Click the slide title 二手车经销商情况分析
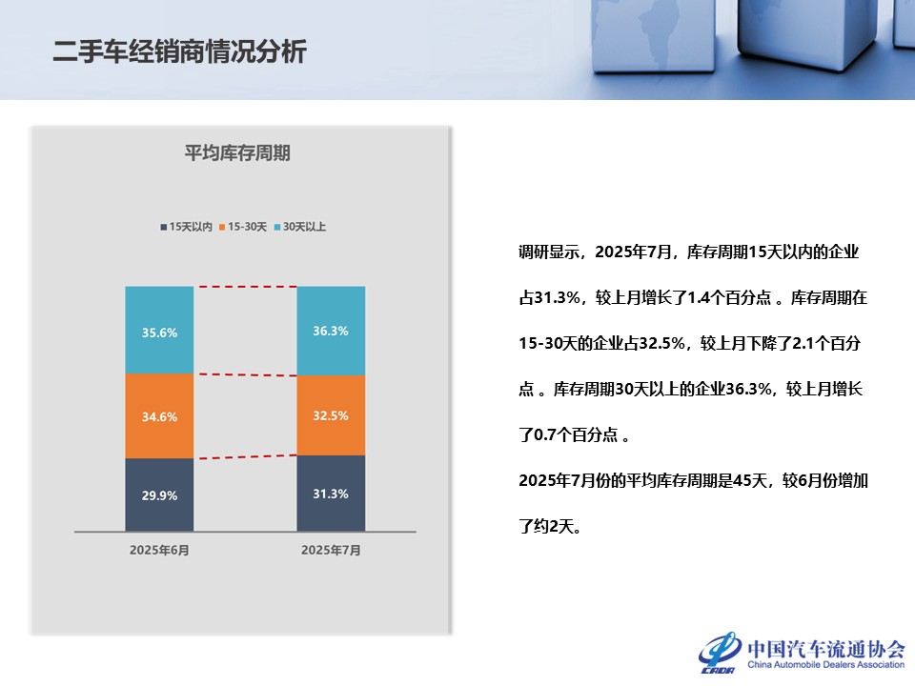(180, 51)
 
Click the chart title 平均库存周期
(237, 152)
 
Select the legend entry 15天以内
(186, 227)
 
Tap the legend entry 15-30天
(243, 227)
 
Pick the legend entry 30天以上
(300, 227)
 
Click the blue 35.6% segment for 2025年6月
(159, 331)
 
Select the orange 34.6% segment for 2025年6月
(159, 416)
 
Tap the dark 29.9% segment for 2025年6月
(159, 494)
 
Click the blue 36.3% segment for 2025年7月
(331, 331)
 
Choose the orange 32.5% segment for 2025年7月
(331, 415)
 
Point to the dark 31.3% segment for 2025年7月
(331, 494)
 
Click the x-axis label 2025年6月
(159, 550)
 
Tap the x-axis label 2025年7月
(331, 550)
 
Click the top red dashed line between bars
(248, 287)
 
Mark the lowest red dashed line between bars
(248, 456)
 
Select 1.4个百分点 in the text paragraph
(729, 297)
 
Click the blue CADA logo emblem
(720, 652)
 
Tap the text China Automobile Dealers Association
(825, 664)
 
